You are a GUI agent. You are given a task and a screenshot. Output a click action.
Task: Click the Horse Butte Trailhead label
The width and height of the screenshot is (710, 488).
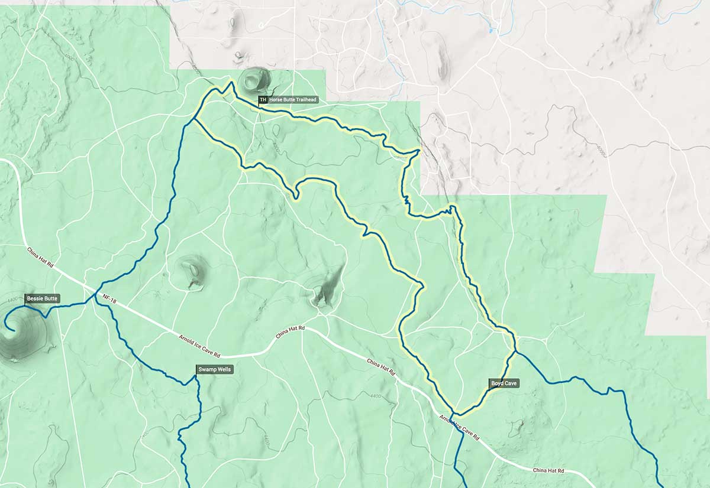293,100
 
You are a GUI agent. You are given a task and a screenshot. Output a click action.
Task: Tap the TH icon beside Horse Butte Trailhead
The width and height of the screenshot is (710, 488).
263,100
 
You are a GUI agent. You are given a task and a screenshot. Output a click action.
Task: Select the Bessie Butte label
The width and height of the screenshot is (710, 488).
42,299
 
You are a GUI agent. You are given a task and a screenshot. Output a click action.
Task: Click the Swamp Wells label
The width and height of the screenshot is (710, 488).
215,370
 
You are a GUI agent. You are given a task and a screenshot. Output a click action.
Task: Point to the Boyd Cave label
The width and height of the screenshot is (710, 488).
504,383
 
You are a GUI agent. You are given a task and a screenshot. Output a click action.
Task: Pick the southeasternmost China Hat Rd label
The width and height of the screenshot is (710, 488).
548,470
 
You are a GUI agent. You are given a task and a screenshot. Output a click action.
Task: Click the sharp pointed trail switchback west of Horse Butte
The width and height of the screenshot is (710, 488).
231,83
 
